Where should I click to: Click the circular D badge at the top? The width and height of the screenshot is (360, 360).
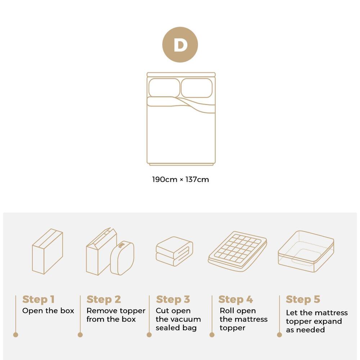[180, 45]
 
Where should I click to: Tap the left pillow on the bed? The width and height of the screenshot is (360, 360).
[164, 88]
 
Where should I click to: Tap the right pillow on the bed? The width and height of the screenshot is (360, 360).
[196, 88]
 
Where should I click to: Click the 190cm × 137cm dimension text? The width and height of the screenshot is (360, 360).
[180, 179]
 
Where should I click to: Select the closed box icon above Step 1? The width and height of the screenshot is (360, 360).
[48, 251]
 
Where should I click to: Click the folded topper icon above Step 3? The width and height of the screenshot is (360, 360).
[174, 251]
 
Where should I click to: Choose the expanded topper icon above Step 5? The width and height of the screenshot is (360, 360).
[306, 251]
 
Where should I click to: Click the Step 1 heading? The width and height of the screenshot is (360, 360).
[38, 300]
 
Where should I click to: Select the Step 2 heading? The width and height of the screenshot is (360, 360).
[104, 300]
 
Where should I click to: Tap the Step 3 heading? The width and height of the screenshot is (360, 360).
[173, 300]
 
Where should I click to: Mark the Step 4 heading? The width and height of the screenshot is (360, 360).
[236, 300]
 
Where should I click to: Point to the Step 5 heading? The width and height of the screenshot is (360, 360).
[303, 300]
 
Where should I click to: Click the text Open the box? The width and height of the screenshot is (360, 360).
[48, 311]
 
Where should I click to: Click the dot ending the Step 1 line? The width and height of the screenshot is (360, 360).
[15, 335]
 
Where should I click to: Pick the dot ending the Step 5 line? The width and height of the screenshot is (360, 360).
[279, 335]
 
